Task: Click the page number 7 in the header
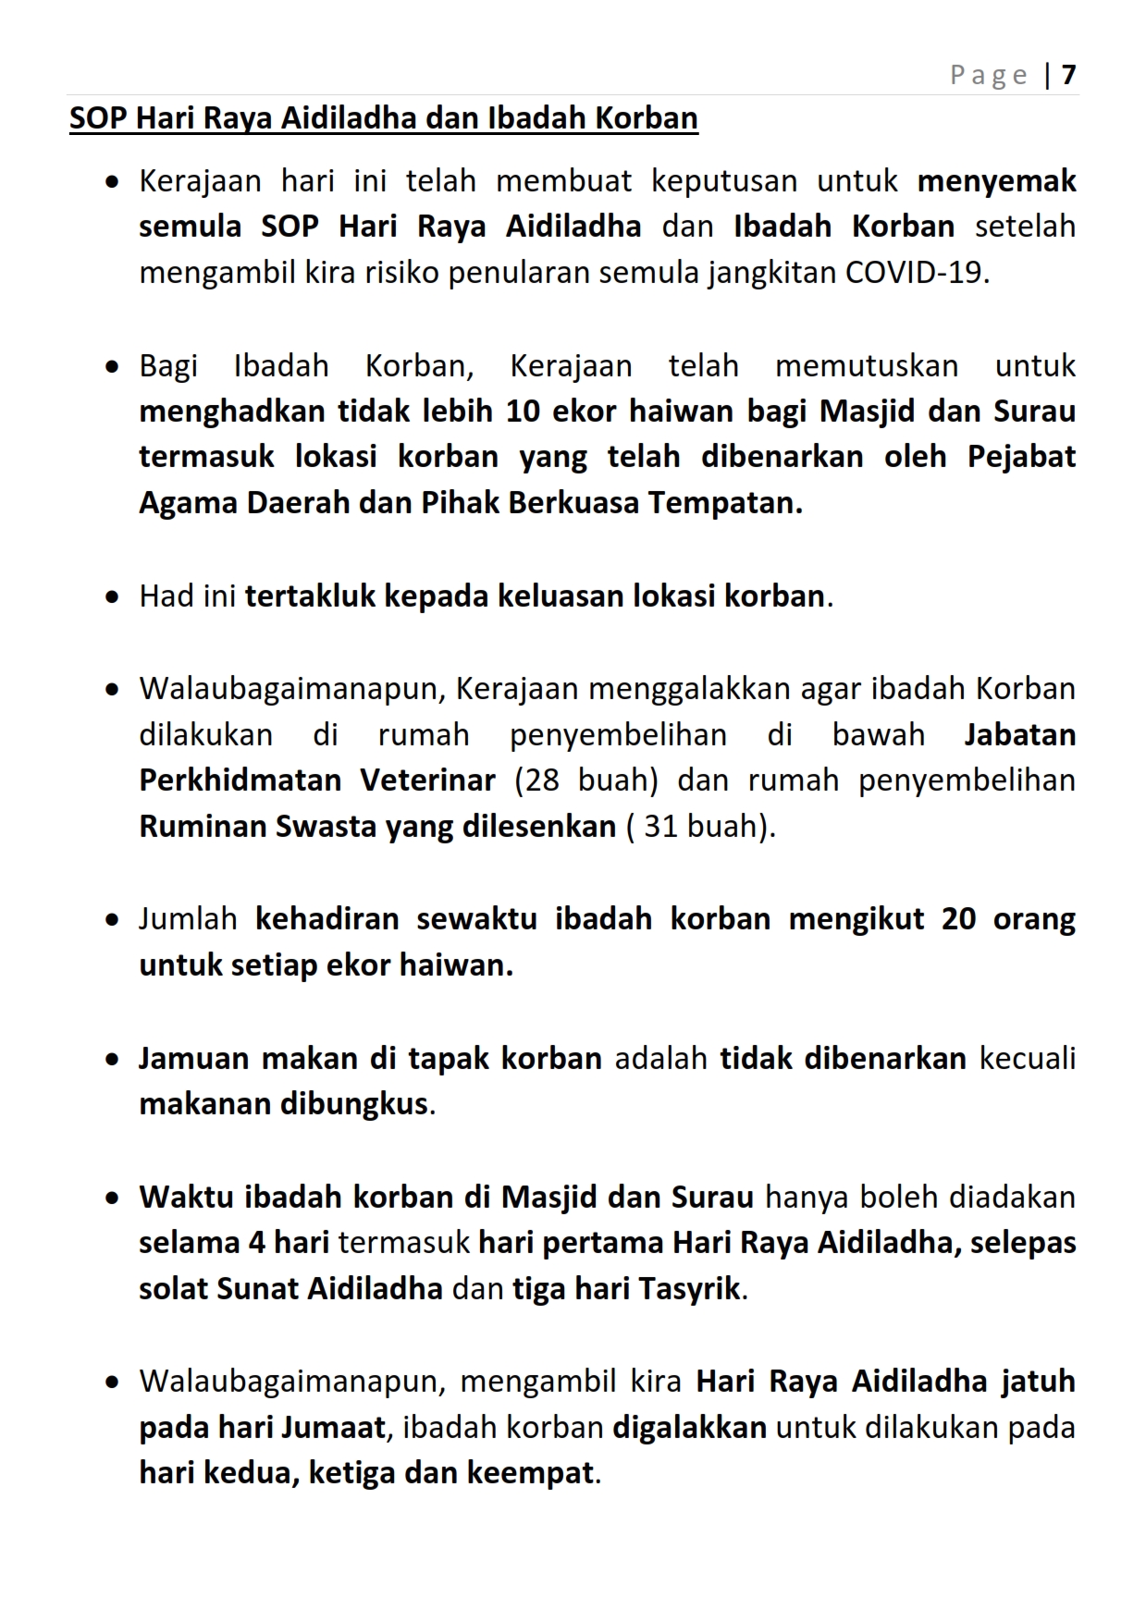[1069, 74]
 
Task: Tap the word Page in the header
[988, 75]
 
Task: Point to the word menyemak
[996, 180]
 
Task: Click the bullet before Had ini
[112, 597]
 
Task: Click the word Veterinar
[427, 780]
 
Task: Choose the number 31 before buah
[662, 826]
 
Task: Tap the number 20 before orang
[959, 918]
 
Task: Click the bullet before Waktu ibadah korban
[112, 1198]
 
